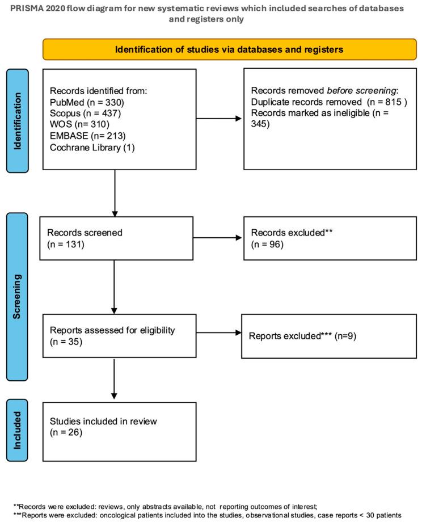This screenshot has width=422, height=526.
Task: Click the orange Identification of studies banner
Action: [229, 49]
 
